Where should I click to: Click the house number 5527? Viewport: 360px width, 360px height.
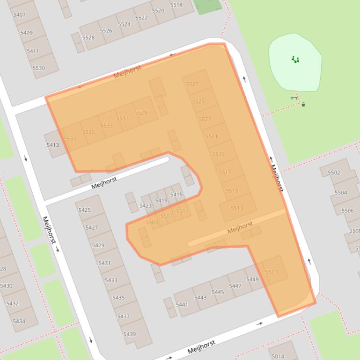[x=192, y=84]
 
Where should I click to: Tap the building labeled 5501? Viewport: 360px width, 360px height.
[x=271, y=272]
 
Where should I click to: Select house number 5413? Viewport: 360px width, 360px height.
[x=53, y=145]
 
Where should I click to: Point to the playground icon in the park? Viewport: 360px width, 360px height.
[x=295, y=59]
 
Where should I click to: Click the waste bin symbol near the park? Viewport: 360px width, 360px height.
[x=303, y=104]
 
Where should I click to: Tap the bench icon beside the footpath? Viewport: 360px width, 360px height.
[x=294, y=98]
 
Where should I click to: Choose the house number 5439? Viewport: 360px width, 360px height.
[x=130, y=334]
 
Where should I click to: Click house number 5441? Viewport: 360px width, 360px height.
[x=182, y=305]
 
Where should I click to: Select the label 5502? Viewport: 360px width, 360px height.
[x=334, y=173]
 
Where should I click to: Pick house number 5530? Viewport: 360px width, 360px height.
[x=39, y=68]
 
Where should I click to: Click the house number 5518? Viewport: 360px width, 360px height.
[x=176, y=5]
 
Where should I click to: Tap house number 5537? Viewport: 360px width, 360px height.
[x=70, y=138]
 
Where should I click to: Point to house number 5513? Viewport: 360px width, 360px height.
[x=237, y=208]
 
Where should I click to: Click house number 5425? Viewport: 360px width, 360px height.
[x=85, y=210]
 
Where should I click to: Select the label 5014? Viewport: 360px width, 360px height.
[x=278, y=356]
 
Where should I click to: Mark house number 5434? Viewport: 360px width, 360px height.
[x=19, y=321]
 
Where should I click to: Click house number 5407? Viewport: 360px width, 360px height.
[x=20, y=14]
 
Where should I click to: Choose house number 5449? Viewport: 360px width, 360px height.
[x=252, y=280]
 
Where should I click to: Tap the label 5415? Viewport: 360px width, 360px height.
[x=176, y=194]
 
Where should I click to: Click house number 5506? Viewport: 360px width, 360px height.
[x=348, y=210]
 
